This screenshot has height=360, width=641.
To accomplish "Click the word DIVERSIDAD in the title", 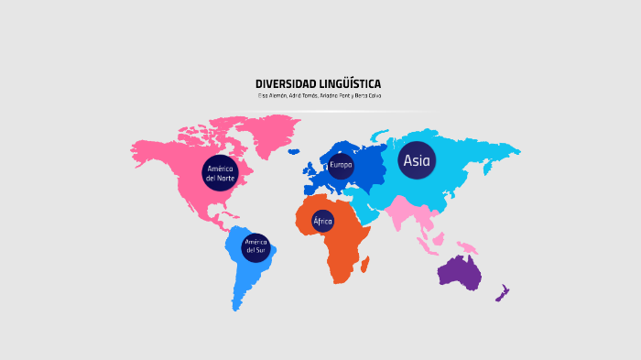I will pyautogui.click(x=285, y=84).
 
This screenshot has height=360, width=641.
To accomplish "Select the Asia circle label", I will pyautogui.click(x=417, y=160).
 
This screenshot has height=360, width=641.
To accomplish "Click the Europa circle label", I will pyautogui.click(x=341, y=165).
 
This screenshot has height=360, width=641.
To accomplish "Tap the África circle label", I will pyautogui.click(x=322, y=221).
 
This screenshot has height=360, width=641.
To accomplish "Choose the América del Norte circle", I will pyautogui.click(x=220, y=172).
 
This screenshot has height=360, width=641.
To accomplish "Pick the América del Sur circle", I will pyautogui.click(x=255, y=246).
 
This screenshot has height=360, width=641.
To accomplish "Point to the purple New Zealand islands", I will pyautogui.click(x=502, y=293).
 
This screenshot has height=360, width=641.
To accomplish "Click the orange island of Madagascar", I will pyautogui.click(x=364, y=264).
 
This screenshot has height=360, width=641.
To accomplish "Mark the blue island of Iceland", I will pyautogui.click(x=293, y=151).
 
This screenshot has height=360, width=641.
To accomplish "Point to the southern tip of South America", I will pyautogui.click(x=236, y=307).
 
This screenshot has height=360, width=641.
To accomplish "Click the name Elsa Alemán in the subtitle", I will pyautogui.click(x=272, y=96).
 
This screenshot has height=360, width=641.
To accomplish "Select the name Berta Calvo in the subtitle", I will pyautogui.click(x=364, y=96).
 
